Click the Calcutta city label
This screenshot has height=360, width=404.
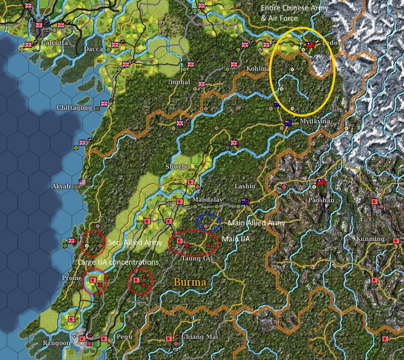click(54, 43)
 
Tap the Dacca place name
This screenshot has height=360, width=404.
click(93, 50)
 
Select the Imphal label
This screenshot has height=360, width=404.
click(179, 83)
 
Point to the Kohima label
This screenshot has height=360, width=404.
click(258, 69)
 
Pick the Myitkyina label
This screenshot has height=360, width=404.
click(315, 121)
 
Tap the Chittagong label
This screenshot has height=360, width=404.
click(74, 108)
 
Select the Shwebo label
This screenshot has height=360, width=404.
click(177, 167)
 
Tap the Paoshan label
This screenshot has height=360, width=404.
click(321, 200)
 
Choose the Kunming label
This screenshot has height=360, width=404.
click(370, 239)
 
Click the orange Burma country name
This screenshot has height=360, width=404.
click(190, 282)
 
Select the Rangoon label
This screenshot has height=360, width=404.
click(57, 343)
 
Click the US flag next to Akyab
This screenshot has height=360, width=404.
click(82, 182)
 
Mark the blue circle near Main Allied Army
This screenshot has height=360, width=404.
click(209, 223)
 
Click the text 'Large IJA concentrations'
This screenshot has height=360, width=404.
click(118, 263)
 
